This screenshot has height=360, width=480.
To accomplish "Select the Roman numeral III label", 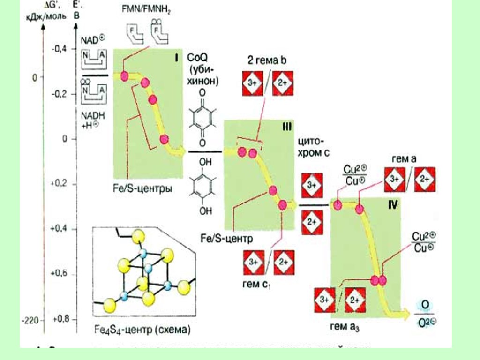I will (286, 127).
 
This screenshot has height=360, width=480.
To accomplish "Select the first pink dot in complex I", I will (125, 76).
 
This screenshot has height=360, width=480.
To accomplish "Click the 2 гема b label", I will (267, 60).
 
